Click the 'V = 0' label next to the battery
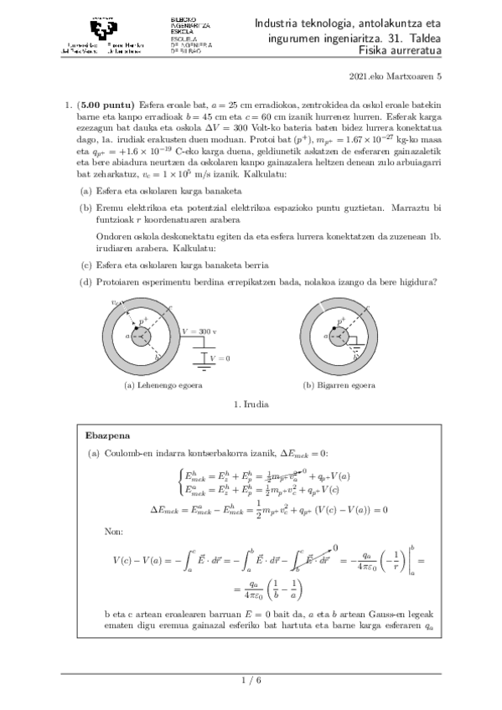pos(220,358)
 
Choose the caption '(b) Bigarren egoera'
pos(339,386)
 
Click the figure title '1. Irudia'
pos(251,404)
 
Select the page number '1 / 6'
pos(251,682)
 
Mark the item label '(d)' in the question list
pos(85,280)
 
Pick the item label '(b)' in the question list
pos(85,206)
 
